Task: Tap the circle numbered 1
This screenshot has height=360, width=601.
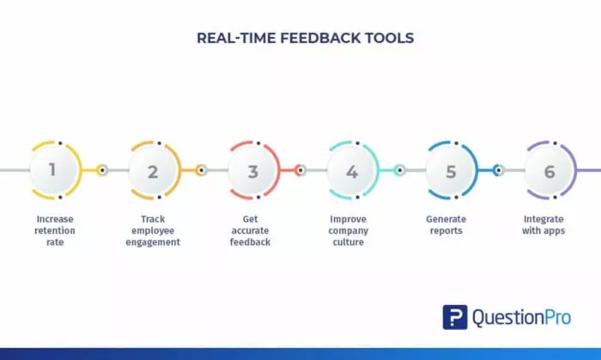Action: click(53, 170)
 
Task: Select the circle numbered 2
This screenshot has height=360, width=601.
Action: click(153, 170)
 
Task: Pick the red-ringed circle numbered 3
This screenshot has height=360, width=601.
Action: click(252, 170)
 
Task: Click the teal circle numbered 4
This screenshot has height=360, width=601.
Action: click(352, 170)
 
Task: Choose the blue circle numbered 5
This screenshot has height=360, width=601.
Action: click(451, 170)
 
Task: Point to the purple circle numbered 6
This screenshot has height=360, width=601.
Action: click(549, 170)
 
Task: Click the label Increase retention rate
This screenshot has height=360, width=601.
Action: click(56, 230)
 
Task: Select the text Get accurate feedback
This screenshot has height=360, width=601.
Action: click(252, 230)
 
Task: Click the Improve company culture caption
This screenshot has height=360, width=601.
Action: click(349, 230)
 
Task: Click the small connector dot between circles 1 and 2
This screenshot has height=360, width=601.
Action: click(102, 170)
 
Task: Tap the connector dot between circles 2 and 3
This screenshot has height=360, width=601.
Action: click(202, 170)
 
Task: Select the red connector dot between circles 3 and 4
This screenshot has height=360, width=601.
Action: click(300, 170)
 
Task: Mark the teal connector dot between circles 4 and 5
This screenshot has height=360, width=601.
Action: click(400, 170)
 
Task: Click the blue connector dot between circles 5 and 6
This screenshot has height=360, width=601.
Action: click(499, 170)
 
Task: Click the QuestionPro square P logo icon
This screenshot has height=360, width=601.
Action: click(455, 317)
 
